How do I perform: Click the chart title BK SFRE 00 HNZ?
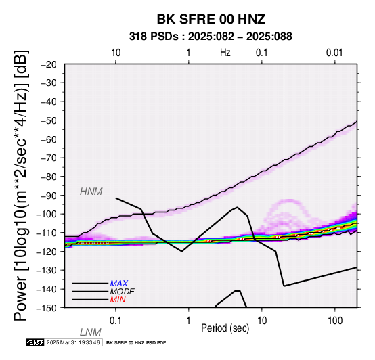tap(211, 19)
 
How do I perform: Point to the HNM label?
tap(91, 192)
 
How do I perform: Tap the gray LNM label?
tap(91, 332)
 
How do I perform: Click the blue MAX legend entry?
tap(118, 284)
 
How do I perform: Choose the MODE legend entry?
tap(122, 292)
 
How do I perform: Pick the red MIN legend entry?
tap(118, 300)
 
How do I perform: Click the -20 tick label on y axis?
tap(49, 64)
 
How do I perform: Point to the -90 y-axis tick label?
tap(49, 196)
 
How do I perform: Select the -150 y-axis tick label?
tap(47, 308)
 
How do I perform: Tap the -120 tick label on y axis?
tap(47, 252)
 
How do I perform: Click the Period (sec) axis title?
tap(225, 328)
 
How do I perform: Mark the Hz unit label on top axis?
tap(225, 52)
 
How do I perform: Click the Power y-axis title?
tap(21, 185)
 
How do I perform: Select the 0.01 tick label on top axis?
tap(334, 53)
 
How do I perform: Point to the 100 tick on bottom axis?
tap(335, 320)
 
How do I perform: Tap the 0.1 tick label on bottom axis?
tap(116, 320)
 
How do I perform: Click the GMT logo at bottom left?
tap(35, 342)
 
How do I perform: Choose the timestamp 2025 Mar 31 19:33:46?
tap(73, 342)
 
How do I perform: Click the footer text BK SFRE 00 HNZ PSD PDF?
tap(136, 343)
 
